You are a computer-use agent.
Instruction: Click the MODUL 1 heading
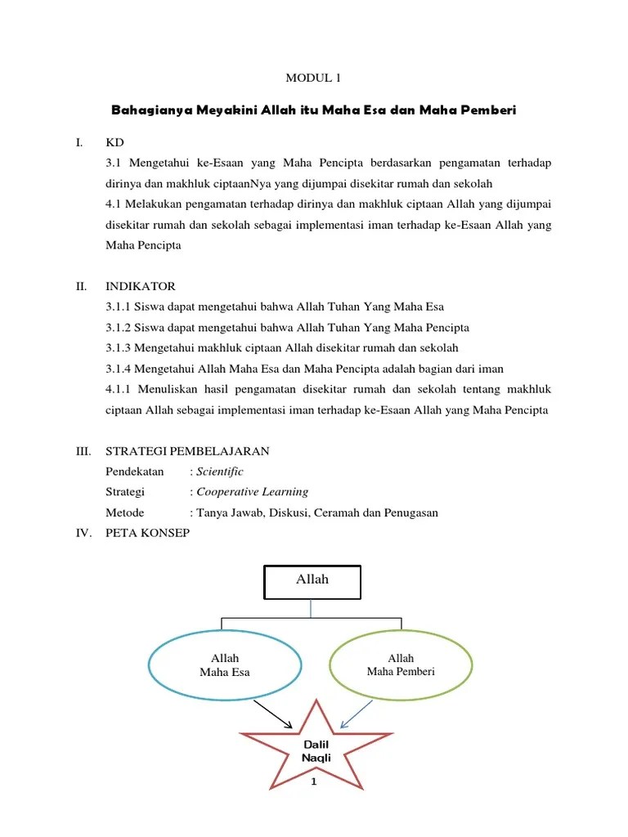click(312, 78)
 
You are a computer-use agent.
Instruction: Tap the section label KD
click(114, 142)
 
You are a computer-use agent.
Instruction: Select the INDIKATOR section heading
click(140, 286)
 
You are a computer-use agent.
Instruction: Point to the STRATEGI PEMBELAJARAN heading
click(187, 451)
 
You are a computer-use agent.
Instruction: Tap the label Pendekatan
click(135, 472)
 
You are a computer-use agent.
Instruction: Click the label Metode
click(125, 512)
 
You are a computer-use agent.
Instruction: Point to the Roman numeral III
click(82, 451)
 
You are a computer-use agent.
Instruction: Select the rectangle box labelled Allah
click(312, 581)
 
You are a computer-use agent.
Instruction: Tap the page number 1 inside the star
click(315, 782)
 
